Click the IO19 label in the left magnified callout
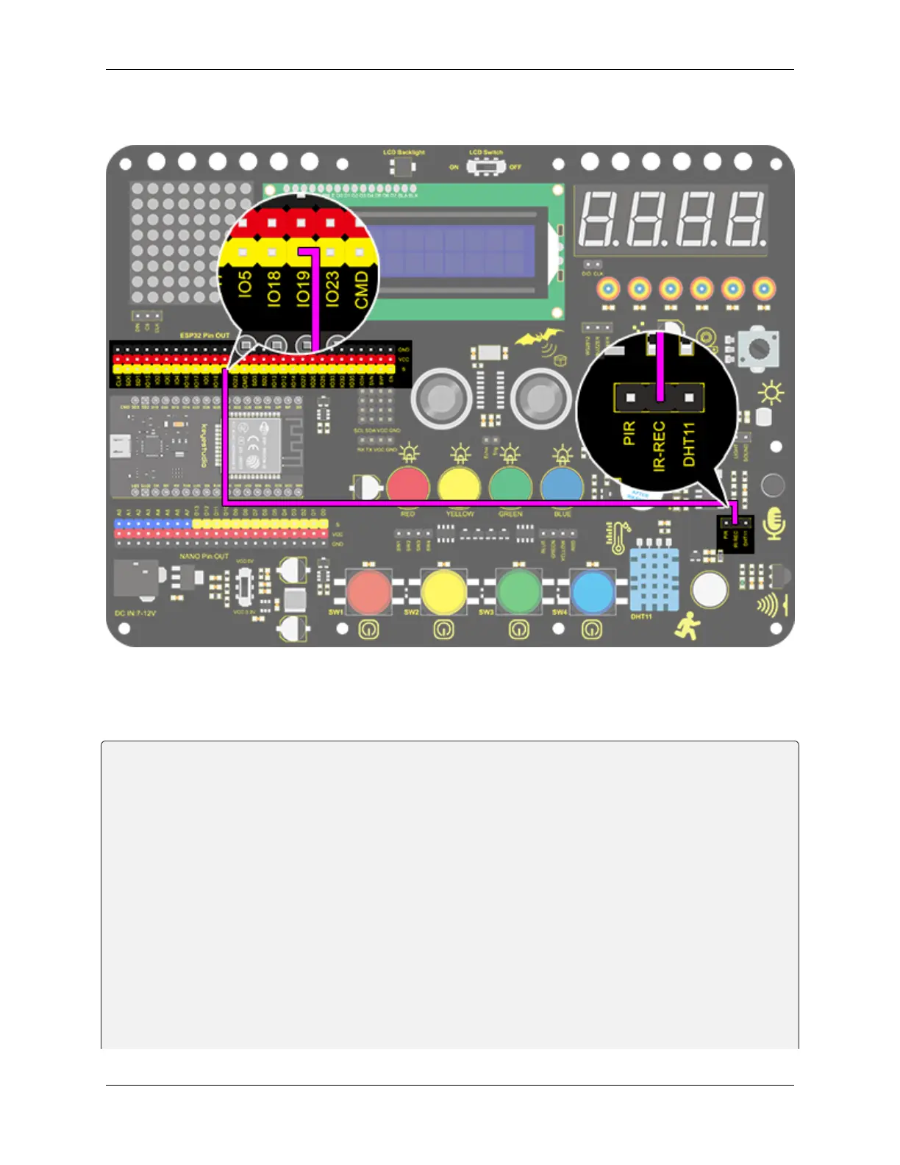point(303,288)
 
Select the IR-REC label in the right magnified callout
point(659,446)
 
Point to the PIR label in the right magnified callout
point(629,432)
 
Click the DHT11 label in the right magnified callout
point(689,443)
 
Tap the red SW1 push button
point(368,591)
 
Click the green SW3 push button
point(518,591)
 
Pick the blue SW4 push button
point(592,591)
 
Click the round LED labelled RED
point(408,486)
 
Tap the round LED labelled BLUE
point(562,486)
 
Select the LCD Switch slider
point(485,167)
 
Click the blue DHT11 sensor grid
point(654,580)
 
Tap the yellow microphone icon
point(774,523)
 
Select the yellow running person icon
point(687,626)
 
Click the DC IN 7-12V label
point(135,613)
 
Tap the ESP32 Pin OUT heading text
point(204,335)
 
